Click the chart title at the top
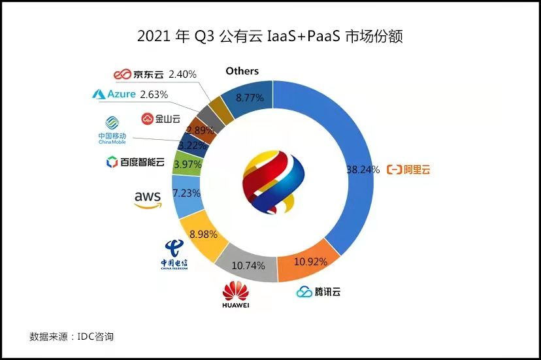[x=270, y=36]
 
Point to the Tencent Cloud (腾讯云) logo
[x=318, y=292]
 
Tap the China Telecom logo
[x=174, y=254]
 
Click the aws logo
[x=148, y=198]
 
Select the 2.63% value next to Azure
[x=154, y=94]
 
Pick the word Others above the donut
[x=242, y=71]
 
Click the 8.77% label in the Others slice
[x=250, y=98]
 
